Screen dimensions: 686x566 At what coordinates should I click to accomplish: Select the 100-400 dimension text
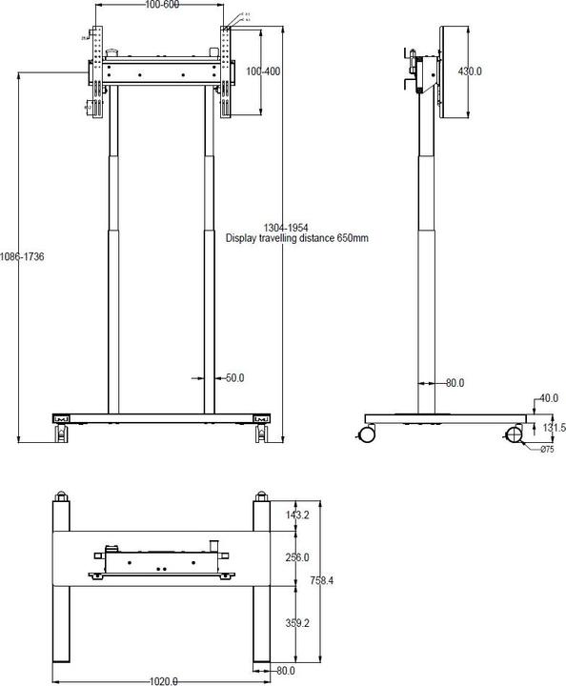(262, 71)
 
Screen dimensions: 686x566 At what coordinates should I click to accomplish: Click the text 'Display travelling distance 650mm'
(296, 238)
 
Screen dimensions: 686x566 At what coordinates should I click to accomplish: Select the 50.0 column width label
(234, 378)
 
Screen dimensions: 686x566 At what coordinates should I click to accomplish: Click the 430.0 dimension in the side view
(470, 71)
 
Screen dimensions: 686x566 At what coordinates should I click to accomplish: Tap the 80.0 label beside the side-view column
(455, 383)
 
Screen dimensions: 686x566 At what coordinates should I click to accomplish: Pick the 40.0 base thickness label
(548, 397)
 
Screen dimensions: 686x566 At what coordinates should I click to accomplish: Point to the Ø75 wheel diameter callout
(547, 450)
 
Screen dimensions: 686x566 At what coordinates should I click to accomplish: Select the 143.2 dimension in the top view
(297, 514)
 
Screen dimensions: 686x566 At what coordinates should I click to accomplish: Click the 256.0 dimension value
(297, 557)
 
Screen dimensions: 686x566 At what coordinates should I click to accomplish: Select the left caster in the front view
(62, 434)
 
